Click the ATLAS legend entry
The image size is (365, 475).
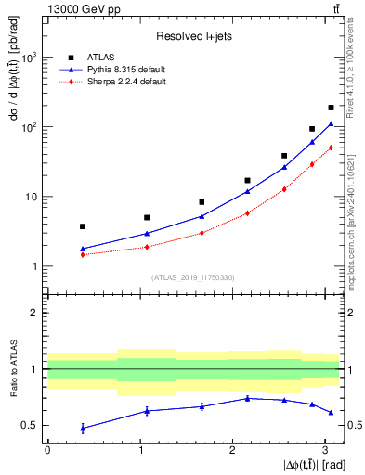102,56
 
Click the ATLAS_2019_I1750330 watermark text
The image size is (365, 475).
192,277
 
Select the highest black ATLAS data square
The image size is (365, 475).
331,108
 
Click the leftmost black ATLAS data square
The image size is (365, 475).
83,226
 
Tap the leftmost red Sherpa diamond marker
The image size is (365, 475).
83,254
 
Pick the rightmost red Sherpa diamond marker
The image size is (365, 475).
331,148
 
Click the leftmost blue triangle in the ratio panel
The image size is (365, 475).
83,428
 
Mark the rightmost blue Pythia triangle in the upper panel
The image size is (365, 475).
331,124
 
